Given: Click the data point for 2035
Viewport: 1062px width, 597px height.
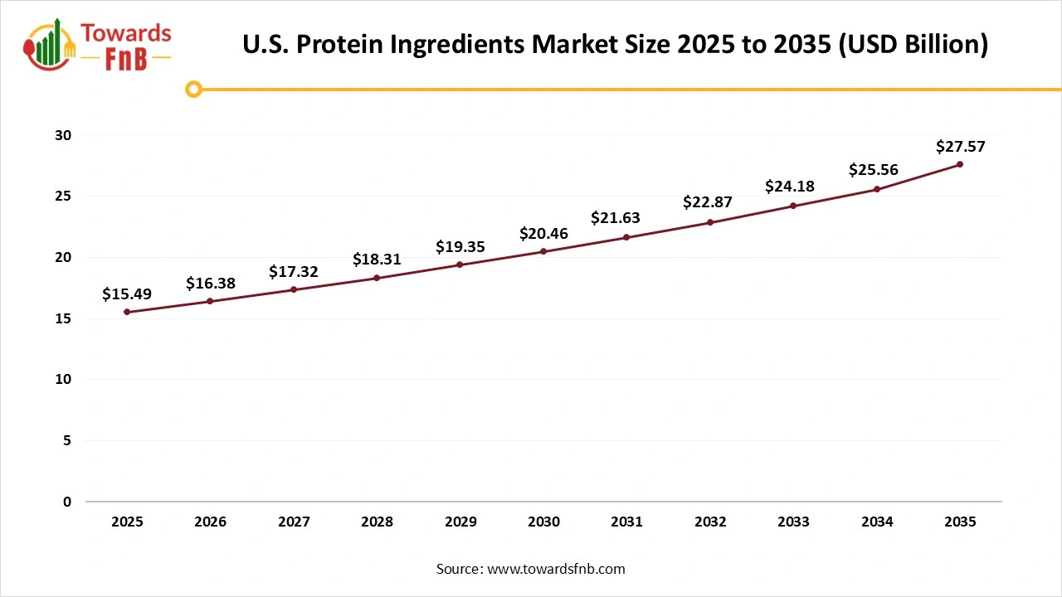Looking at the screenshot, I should point(960,164).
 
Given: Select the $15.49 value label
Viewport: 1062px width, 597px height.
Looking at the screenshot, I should point(127,294).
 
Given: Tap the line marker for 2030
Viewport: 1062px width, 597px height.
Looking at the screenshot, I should point(543,251).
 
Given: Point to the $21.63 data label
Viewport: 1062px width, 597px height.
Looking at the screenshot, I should point(615,218).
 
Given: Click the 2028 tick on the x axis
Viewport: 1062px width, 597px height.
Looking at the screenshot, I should point(377,522).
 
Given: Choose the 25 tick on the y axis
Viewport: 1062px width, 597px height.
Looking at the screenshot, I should point(64,197).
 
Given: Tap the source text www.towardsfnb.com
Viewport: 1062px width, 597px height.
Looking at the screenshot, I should point(556,569).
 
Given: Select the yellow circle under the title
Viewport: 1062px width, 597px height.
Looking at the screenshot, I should point(193,89).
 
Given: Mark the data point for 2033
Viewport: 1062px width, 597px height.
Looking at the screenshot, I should point(793,206).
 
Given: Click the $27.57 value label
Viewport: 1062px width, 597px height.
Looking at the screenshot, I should point(960,147).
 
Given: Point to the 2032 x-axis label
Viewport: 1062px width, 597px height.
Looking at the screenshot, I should point(710,522).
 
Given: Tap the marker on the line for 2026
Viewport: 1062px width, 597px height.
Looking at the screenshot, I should point(210,301).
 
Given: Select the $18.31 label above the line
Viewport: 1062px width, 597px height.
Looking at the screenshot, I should point(377,260).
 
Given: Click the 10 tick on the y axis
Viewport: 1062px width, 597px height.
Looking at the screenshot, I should point(64,380).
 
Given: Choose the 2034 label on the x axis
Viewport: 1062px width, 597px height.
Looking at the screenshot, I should point(877,522).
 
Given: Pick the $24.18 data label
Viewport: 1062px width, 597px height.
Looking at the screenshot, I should point(790,187).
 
